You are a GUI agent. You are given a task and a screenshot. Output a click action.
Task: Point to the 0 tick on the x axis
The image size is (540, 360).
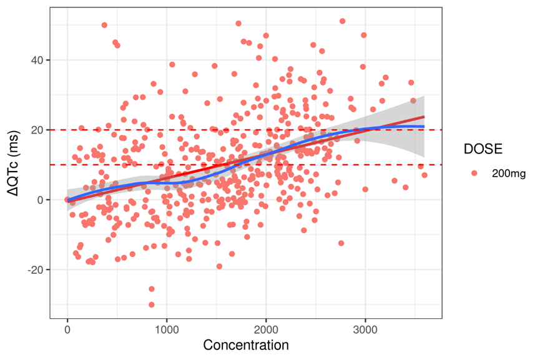pos(67,329)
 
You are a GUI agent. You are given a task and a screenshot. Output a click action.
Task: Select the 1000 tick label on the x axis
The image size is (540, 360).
pos(167,329)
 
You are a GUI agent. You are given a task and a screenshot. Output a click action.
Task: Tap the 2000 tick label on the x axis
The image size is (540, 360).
pos(266,329)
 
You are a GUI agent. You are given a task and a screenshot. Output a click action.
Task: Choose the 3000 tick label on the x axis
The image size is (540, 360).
pos(365,329)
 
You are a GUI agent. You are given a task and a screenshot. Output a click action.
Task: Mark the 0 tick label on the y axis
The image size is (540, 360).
pos(41,200)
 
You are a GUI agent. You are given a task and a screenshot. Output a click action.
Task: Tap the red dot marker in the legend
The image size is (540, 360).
pos(474,173)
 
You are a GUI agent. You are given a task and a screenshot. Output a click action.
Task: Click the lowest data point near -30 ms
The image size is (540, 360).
pos(151,304)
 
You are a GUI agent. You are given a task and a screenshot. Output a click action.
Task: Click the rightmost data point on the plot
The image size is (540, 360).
pos(425,175)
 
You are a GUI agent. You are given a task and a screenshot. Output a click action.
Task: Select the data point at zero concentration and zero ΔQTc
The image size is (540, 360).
pos(67,200)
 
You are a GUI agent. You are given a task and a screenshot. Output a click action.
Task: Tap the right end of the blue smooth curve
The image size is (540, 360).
pos(425,127)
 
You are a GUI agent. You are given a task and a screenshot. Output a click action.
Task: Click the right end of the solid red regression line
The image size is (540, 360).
pos(425,117)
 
